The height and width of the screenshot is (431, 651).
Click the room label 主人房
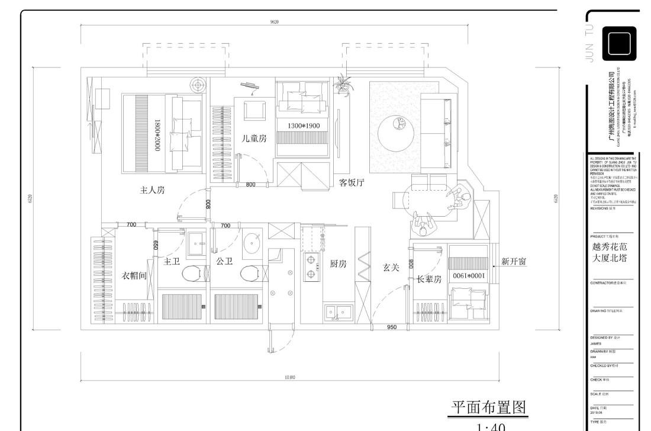tap(152, 190)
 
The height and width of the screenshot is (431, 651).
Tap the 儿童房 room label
tap(254, 139)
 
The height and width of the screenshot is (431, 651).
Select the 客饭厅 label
tap(352, 182)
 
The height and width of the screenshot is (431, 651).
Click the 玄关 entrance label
tap(391, 268)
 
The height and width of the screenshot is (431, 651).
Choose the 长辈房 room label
tap(429, 279)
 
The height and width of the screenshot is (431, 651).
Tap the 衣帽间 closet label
tap(134, 275)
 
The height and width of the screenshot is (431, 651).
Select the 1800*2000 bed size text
tap(158, 136)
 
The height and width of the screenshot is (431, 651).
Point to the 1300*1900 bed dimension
tap(304, 126)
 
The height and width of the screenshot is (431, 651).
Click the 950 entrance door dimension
tap(392, 327)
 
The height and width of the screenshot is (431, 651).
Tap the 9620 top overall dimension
tap(274, 22)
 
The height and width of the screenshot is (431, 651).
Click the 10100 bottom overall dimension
tap(289, 377)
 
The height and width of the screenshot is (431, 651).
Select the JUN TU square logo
tap(619, 44)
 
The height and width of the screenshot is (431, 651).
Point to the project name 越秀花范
tap(609, 247)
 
